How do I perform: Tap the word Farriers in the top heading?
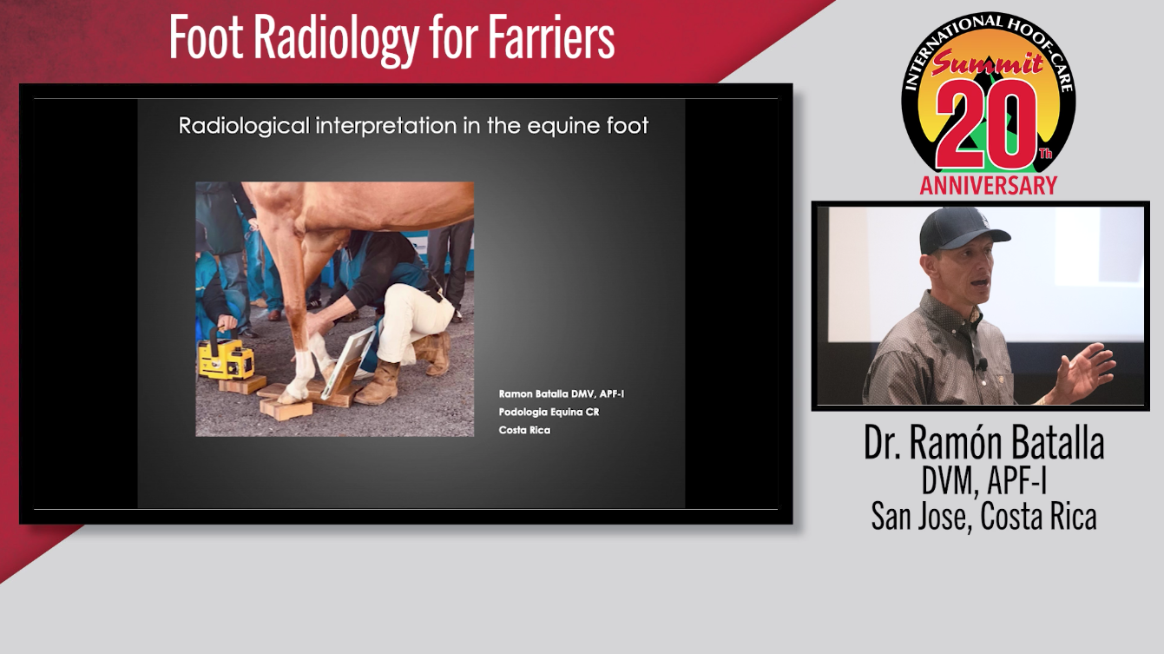tap(551, 36)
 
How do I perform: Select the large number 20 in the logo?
tap(987, 125)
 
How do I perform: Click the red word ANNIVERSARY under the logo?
tap(989, 186)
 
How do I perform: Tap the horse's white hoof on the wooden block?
tap(293, 395)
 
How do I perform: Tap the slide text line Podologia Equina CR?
tap(549, 412)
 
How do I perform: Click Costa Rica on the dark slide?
tap(524, 430)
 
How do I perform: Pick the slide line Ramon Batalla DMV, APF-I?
tap(562, 393)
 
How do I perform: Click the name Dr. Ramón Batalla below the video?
tap(983, 442)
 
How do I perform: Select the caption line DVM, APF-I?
tap(983, 481)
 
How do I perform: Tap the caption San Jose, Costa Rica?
tap(983, 517)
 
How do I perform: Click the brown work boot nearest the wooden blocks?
tap(378, 384)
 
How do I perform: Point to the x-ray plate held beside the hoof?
tap(349, 363)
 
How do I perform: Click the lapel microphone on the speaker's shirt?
tap(981, 365)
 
